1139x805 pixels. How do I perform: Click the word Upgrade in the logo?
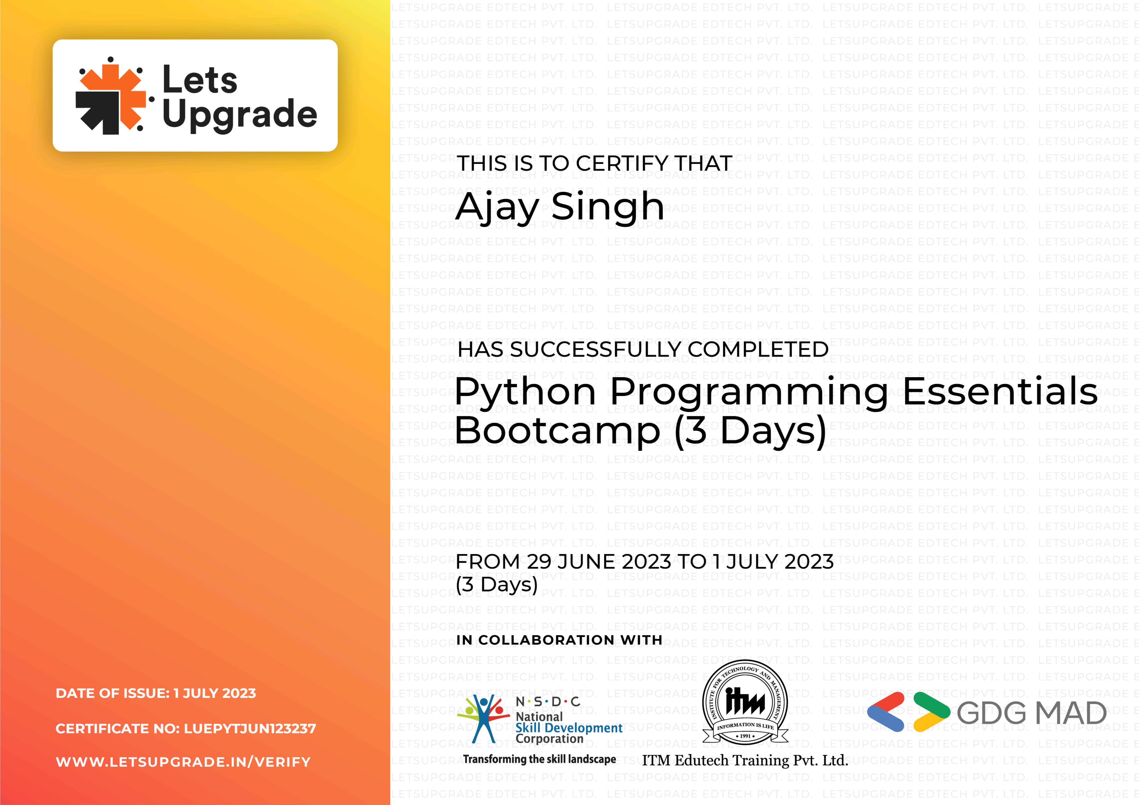pos(239,115)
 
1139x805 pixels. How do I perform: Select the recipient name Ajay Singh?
pos(560,207)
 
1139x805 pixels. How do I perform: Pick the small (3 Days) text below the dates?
pos(497,585)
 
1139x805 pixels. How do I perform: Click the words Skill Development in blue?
pos(569,728)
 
